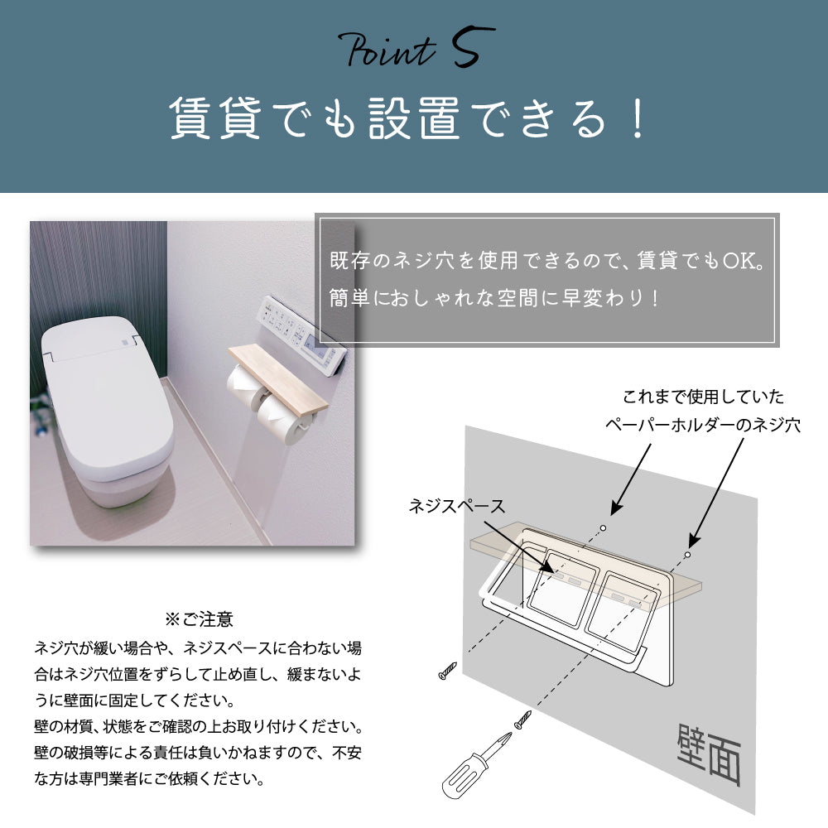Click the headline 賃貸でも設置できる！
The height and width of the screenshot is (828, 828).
[406, 118]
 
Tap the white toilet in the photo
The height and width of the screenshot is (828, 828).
[108, 414]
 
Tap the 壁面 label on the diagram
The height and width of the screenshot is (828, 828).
[708, 756]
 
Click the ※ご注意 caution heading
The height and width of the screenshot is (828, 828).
[199, 619]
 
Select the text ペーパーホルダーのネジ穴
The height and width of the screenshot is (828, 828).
[701, 426]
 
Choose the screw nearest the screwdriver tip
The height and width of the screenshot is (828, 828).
[522, 720]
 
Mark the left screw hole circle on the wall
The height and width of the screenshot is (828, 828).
[604, 527]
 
